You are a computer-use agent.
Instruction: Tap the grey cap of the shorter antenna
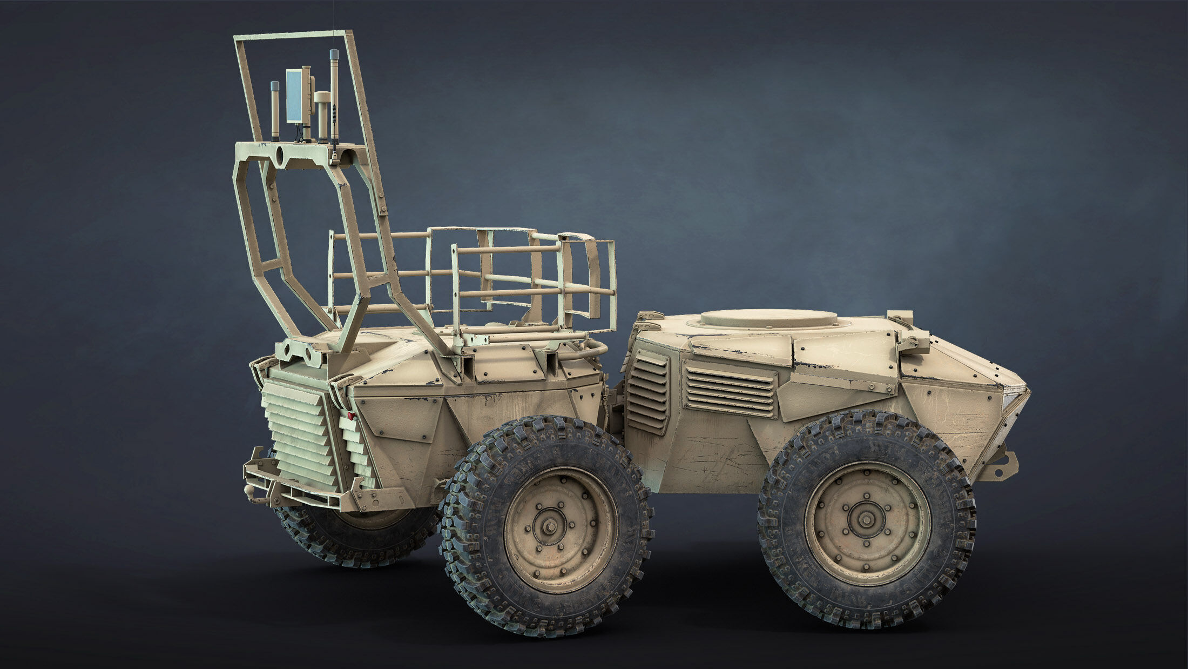point(274,86)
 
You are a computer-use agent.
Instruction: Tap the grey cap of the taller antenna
point(334,55)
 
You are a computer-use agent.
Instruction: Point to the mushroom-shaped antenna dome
point(323,97)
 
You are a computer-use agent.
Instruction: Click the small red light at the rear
point(351,416)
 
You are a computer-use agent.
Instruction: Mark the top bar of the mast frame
point(294,35)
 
